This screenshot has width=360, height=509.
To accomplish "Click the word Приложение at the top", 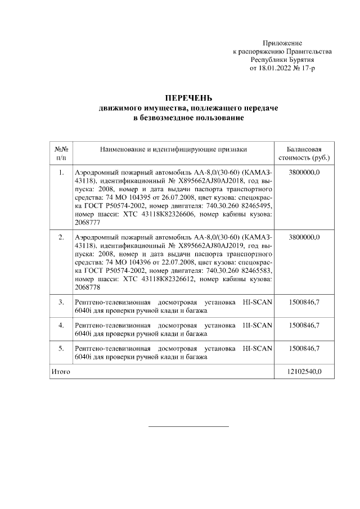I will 282,43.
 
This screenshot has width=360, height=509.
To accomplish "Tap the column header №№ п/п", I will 61,153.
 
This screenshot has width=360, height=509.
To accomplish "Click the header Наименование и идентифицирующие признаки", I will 173,149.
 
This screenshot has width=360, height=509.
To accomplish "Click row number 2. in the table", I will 61,238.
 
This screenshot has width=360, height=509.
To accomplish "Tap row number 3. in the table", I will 61,303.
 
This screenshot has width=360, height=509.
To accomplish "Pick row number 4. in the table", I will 61,326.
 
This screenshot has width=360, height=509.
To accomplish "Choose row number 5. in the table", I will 61,349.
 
